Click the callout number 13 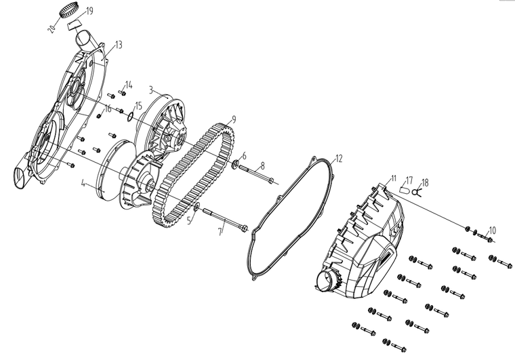click(119, 45)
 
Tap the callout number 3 click(150, 89)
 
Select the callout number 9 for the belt click(233, 119)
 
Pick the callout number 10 click(493, 230)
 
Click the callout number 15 click(138, 106)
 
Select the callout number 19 click(90, 12)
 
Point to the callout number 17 click(409, 180)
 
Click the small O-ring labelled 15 click(129, 116)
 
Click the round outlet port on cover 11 click(331, 277)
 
